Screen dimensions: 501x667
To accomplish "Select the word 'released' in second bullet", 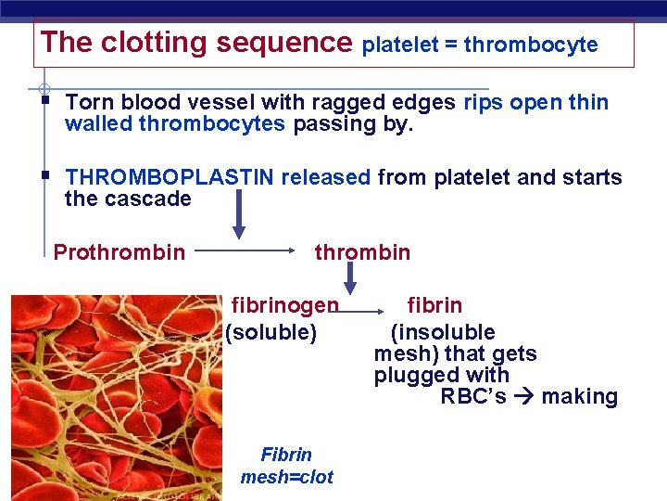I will (326, 177).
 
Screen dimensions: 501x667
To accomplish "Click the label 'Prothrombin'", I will (119, 252).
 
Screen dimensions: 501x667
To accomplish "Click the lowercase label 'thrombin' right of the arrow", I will (362, 252).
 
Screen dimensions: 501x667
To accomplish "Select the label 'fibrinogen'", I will (284, 305).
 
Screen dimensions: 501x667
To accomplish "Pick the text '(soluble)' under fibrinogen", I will (271, 332).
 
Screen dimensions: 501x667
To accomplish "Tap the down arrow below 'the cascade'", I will (238, 215).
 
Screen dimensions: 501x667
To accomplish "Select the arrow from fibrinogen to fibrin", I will (370, 306).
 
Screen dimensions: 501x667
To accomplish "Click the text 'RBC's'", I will (473, 397).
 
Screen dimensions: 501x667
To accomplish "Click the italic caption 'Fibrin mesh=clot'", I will (286, 466).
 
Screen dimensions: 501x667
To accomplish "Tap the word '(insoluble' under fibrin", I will (443, 332).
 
